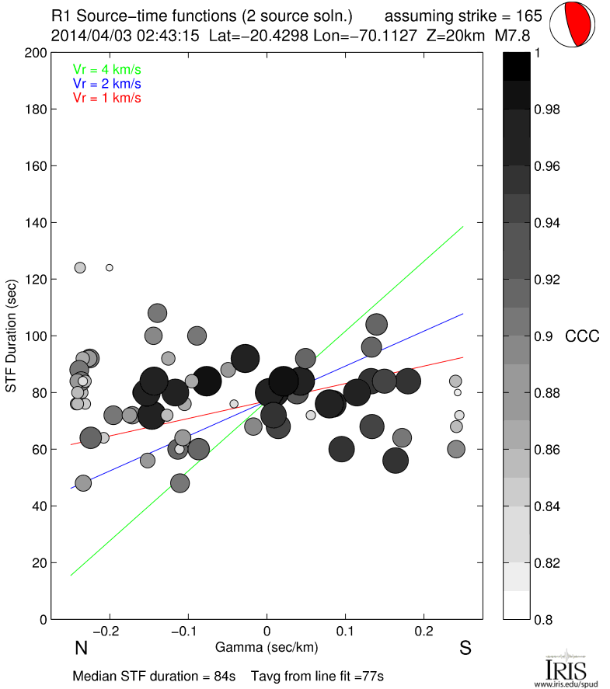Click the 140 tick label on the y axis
click(36, 223)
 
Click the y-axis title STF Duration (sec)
click(12, 336)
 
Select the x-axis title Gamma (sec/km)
click(267, 648)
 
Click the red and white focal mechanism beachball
click(573, 25)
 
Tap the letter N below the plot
click(80, 649)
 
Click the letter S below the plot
click(465, 649)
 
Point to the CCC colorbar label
click(582, 336)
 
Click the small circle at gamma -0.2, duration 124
click(110, 267)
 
